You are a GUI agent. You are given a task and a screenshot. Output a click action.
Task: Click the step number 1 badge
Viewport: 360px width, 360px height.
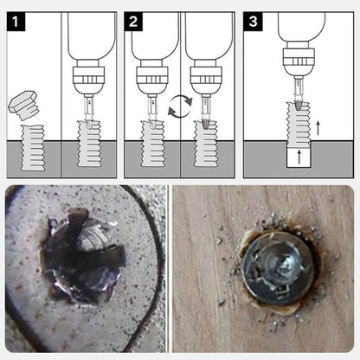coord(16,22)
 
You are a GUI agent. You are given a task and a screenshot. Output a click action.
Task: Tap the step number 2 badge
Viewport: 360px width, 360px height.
coord(133,22)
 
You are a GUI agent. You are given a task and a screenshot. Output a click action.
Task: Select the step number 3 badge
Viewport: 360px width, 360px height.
coord(253,22)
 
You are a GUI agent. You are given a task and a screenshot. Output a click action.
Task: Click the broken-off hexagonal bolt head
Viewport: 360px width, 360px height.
coord(24,106)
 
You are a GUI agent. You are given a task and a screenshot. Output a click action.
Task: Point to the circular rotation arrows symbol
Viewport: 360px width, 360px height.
coord(180,106)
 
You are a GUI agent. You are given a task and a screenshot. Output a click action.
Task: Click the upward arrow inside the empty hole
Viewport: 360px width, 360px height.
coord(299,157)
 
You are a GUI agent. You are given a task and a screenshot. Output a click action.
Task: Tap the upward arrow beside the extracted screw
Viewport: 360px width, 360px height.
coord(318,128)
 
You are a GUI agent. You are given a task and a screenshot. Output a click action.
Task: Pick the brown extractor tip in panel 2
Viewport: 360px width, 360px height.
coord(205,124)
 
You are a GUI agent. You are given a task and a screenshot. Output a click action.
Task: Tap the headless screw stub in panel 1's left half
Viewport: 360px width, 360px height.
coord(33,148)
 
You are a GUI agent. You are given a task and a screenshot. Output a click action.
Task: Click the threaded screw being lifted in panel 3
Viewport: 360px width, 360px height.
coord(299,124)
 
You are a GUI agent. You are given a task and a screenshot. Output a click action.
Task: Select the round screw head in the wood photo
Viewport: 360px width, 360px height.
coord(279,269)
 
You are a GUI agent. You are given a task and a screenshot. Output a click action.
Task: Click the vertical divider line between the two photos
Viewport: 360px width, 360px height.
coord(168,269)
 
